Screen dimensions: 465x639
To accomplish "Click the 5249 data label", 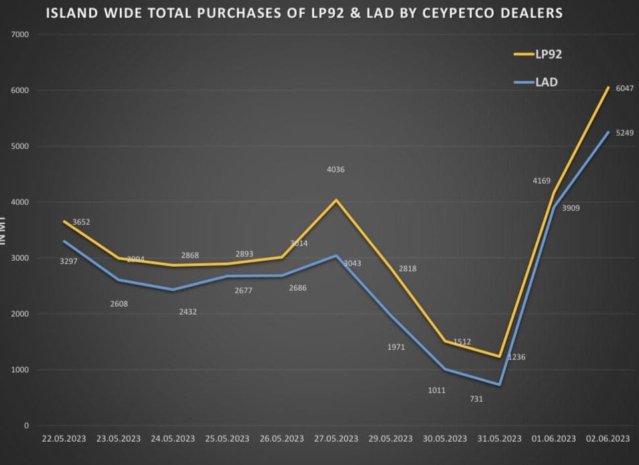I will click(x=625, y=133).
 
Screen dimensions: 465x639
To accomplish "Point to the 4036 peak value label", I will click(x=335, y=170).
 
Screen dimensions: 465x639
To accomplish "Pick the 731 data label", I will click(x=476, y=399).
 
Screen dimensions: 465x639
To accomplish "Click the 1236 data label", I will click(x=517, y=357).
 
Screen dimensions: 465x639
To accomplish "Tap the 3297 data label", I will click(x=69, y=261).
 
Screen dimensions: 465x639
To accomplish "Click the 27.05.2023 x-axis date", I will click(x=336, y=438).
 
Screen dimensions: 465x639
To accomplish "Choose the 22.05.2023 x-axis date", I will click(x=64, y=438).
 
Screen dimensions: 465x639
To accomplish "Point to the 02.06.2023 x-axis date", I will click(x=608, y=438).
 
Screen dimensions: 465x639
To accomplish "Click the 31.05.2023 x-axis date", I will click(x=499, y=438).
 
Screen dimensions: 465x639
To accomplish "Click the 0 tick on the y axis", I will click(x=27, y=426).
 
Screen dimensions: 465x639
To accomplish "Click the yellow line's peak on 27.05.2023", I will click(x=336, y=200).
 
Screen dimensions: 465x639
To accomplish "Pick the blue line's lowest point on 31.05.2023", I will click(x=499, y=385).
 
